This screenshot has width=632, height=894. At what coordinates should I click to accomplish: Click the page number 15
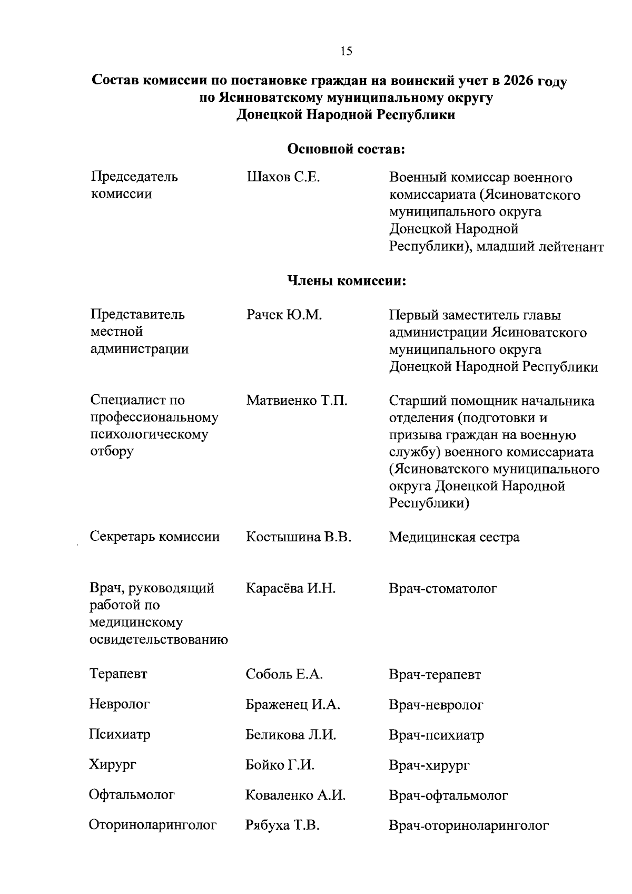click(x=346, y=51)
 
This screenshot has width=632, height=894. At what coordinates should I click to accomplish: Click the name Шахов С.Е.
click(x=283, y=177)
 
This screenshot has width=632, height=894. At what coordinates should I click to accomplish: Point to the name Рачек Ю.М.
click(x=284, y=315)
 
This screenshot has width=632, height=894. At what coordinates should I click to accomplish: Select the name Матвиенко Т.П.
click(x=297, y=401)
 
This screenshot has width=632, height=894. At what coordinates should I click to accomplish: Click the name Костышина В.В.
click(x=298, y=537)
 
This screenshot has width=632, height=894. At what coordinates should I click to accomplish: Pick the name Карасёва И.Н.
click(x=290, y=588)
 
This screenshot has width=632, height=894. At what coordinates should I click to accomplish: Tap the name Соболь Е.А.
click(x=284, y=674)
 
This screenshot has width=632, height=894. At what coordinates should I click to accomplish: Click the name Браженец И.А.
click(x=293, y=704)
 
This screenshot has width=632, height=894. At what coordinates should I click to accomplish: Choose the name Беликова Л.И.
click(x=291, y=734)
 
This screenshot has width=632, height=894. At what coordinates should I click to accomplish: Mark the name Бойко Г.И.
click(x=280, y=765)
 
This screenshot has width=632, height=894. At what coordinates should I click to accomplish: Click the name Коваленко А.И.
click(x=295, y=795)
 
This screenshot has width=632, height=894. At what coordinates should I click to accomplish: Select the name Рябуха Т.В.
click(x=282, y=825)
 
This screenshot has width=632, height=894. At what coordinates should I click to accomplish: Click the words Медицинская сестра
click(x=454, y=537)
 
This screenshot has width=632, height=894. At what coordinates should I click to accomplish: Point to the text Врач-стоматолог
click(x=442, y=588)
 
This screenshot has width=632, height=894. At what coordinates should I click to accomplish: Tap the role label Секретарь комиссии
click(x=154, y=537)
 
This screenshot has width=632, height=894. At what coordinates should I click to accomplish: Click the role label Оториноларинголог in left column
click(x=153, y=825)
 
